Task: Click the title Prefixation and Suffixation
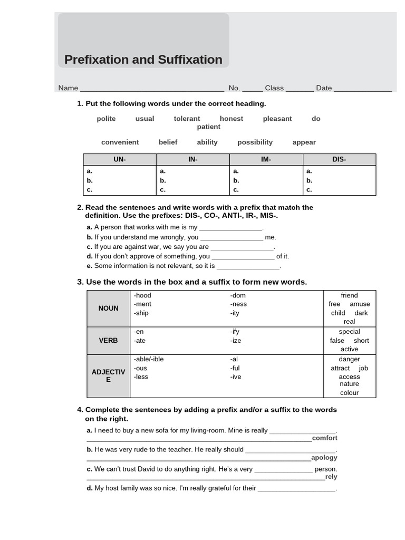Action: click(143, 60)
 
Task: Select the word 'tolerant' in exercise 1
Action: click(187, 119)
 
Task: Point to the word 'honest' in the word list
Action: click(232, 119)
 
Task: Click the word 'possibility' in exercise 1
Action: click(255, 142)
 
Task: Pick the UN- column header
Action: click(120, 159)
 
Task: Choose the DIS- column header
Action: click(339, 159)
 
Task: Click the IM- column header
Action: click(266, 159)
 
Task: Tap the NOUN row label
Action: click(109, 308)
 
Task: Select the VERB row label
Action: click(109, 341)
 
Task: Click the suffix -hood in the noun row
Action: click(142, 295)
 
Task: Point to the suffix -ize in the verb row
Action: click(235, 341)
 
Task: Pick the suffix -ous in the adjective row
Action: click(141, 368)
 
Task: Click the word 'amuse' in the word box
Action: click(360, 304)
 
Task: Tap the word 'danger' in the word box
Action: click(349, 359)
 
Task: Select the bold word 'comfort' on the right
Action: click(324, 438)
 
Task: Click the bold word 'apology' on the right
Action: click(324, 458)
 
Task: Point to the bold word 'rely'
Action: click(331, 477)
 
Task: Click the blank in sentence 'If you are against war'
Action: click(242, 247)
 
